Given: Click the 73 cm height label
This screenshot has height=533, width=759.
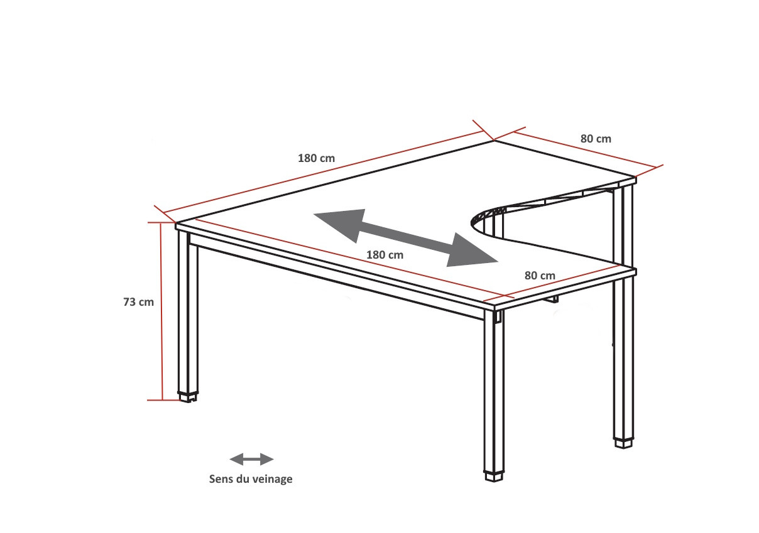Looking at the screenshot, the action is (138, 302).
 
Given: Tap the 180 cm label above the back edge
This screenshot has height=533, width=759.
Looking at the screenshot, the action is (316, 158).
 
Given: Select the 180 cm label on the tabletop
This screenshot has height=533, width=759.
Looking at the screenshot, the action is (385, 255).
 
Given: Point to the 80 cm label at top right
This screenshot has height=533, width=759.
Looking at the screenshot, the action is (596, 139).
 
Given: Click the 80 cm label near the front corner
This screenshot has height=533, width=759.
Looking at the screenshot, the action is (540, 276).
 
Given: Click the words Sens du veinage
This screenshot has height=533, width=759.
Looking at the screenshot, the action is (251, 479).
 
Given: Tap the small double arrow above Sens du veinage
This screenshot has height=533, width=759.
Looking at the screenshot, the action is (251, 459).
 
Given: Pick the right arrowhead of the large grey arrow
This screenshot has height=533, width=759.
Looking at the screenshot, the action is (472, 250).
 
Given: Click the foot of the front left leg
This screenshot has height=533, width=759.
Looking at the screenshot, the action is (188, 397).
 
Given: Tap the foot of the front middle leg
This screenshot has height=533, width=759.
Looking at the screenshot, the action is (494, 476).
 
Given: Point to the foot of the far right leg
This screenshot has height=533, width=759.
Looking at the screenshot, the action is (624, 443).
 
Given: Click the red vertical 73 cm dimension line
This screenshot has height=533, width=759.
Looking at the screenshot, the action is (161, 311).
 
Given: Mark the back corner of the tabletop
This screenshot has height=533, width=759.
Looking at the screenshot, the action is (494, 140).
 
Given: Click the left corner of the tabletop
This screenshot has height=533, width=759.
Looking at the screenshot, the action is (177, 223).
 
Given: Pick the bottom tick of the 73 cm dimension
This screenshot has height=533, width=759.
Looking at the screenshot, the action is (163, 400).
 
